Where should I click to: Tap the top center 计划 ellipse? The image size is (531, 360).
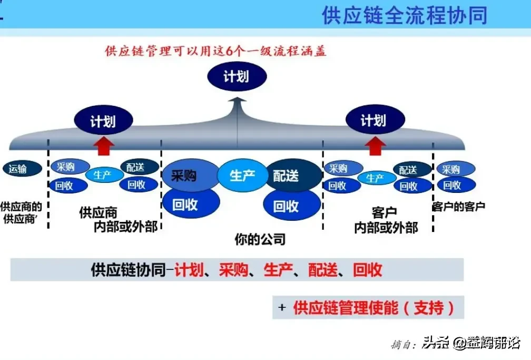click(236, 77)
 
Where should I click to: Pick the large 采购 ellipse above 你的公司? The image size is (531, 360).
click(184, 176)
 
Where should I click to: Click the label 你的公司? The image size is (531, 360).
click(260, 239)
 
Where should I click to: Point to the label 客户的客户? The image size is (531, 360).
click(458, 207)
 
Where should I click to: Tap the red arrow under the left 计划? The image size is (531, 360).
click(104, 145)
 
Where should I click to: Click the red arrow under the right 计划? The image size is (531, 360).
click(375, 145)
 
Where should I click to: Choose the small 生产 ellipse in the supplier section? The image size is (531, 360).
click(102, 175)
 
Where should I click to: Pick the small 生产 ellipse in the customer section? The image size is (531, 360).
click(375, 178)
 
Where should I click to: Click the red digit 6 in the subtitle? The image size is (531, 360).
click(229, 52)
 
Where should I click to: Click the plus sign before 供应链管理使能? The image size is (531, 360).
click(282, 307)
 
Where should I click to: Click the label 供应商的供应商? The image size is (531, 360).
click(21, 212)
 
